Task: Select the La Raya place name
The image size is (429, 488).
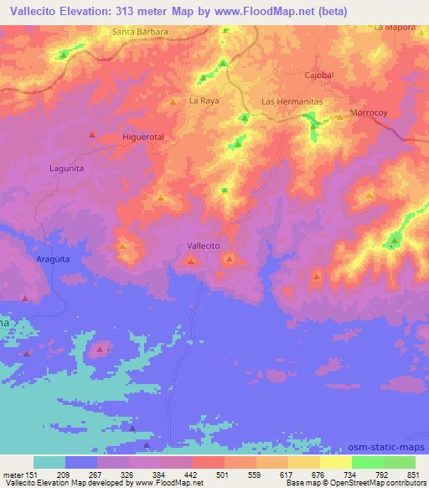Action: pos(203,101)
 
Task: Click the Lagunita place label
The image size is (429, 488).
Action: pos(68,168)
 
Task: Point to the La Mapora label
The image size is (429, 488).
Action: pos(395,27)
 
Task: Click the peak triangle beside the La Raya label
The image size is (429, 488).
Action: pos(173,102)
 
